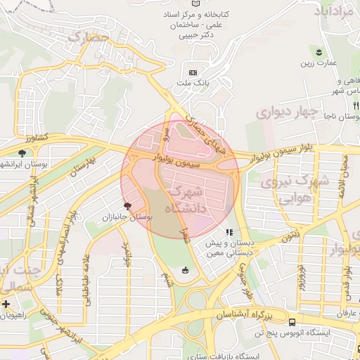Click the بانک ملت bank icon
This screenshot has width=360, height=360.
coord(193,72)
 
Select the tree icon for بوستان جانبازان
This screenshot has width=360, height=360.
coord(127,206)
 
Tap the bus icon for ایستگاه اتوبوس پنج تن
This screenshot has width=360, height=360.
coord(292,321)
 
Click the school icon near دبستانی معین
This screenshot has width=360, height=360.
coord(228,232)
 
